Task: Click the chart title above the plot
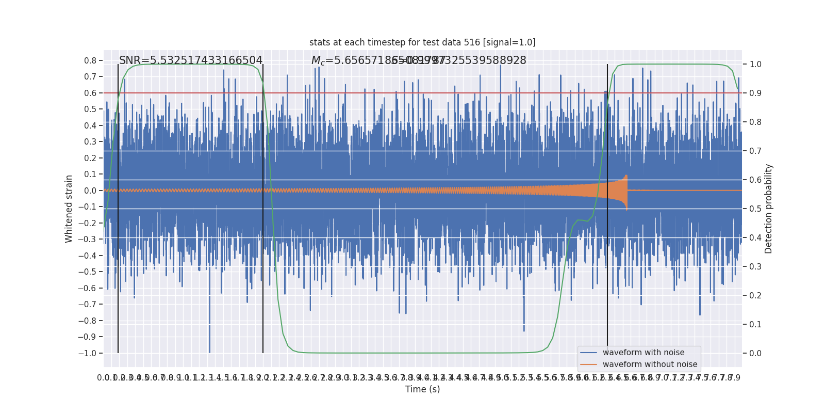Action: (422, 42)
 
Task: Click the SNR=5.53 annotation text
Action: (191, 60)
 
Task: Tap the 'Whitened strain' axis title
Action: (69, 209)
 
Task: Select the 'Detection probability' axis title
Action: (769, 209)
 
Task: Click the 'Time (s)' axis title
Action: (422, 389)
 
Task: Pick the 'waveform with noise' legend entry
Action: (643, 353)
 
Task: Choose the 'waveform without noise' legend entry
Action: (649, 364)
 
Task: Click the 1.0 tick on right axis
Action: (755, 65)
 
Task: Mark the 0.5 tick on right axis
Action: (755, 209)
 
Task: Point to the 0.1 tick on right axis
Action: (755, 324)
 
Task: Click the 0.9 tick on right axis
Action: (755, 93)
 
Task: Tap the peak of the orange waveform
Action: (626, 176)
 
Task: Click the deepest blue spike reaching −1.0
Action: (209, 351)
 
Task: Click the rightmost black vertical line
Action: (607, 206)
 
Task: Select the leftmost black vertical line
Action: (118, 206)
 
